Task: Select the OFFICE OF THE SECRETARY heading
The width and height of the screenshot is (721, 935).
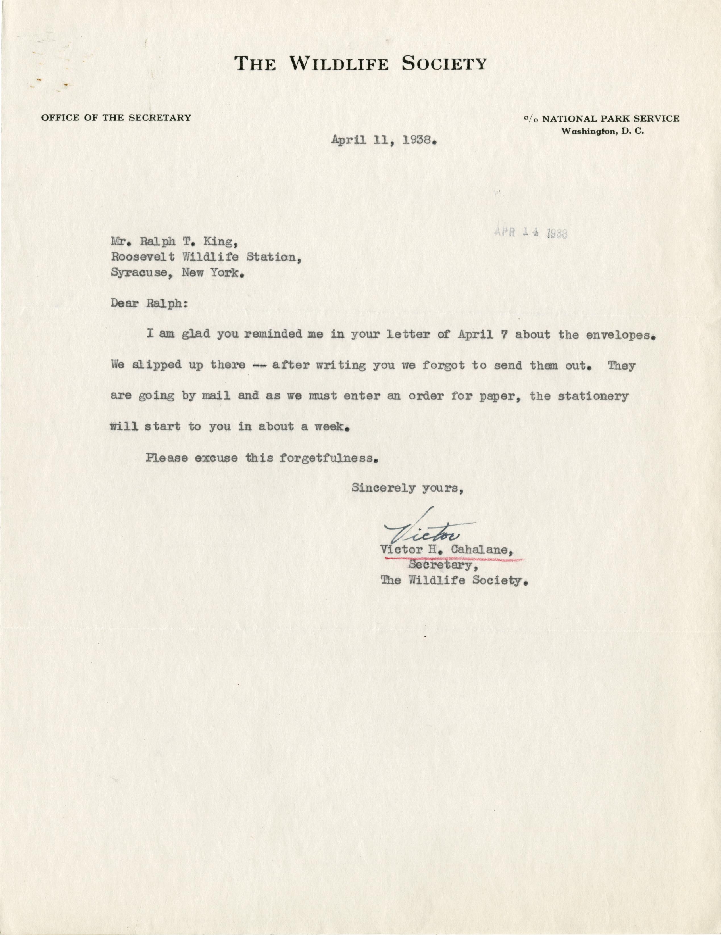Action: point(116,118)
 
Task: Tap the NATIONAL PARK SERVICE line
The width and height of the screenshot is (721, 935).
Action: point(610,119)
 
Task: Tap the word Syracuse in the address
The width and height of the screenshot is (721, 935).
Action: point(139,273)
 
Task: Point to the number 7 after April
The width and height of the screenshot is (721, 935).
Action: point(504,334)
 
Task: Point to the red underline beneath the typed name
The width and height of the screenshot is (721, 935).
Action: point(454,559)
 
